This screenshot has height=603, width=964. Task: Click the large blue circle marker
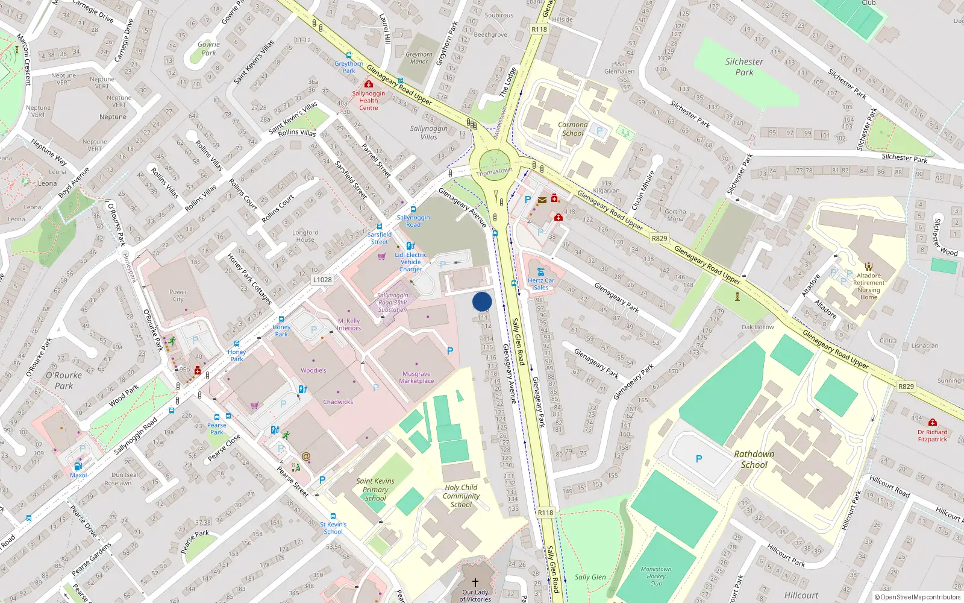(x=482, y=301)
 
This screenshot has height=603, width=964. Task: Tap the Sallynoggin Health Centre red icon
(x=369, y=84)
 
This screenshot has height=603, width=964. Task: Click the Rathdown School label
(x=754, y=459)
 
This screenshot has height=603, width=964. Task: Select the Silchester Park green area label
(x=744, y=66)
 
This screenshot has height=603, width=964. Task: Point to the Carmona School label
(x=572, y=129)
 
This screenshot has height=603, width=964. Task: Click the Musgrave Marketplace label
(x=416, y=377)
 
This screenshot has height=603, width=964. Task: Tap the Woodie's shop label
(x=313, y=370)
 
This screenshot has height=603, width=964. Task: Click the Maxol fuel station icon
(x=78, y=466)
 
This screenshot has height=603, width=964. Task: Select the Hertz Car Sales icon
(x=540, y=272)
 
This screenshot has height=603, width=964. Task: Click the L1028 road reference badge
(x=322, y=280)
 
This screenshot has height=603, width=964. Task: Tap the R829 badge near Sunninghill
(x=906, y=387)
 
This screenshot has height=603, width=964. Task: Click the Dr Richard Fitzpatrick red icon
(x=933, y=423)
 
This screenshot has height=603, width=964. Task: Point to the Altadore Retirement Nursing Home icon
(x=869, y=266)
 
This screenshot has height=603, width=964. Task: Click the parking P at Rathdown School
(x=699, y=459)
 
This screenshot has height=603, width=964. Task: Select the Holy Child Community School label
(x=461, y=496)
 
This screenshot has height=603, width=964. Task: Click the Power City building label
(x=178, y=295)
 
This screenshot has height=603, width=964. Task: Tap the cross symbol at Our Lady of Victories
(x=475, y=582)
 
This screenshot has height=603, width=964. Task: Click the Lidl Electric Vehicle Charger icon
(x=410, y=245)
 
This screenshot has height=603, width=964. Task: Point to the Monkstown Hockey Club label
(x=656, y=576)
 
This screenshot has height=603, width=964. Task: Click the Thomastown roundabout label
(x=494, y=172)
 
